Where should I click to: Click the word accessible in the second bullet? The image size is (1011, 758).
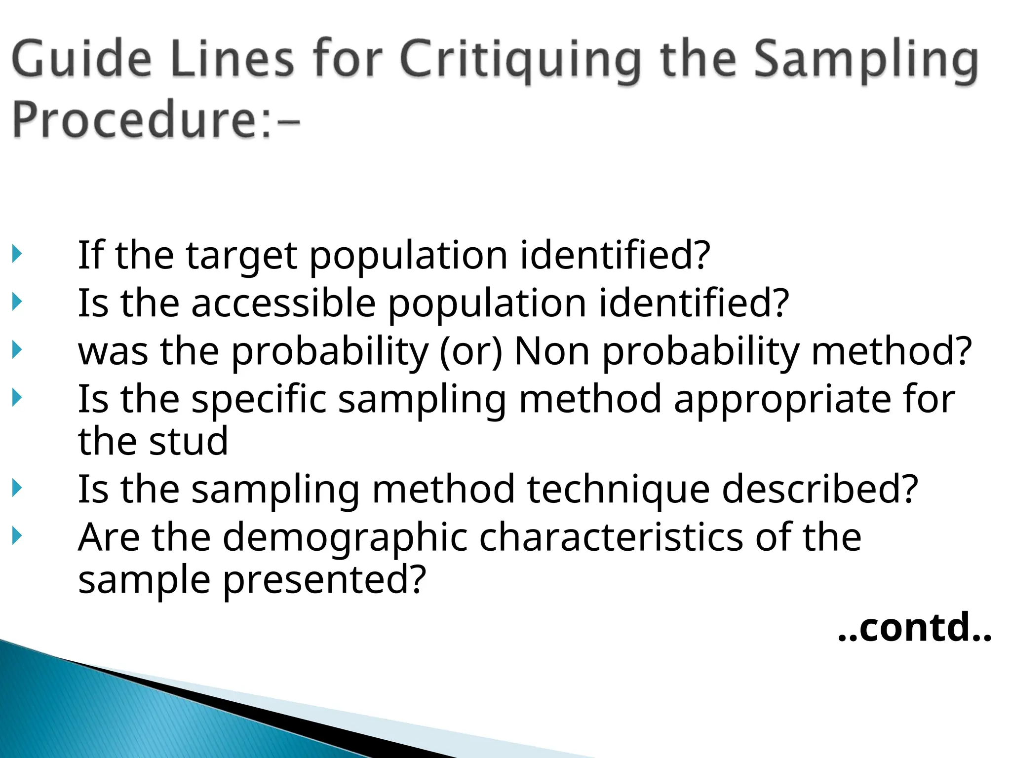point(283,303)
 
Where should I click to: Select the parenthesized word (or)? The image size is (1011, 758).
point(470,351)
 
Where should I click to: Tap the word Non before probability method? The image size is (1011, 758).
point(551,351)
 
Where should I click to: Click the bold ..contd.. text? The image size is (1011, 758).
point(915,628)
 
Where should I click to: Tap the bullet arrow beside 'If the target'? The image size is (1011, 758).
point(17,254)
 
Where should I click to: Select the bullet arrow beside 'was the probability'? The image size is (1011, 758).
point(17,350)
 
